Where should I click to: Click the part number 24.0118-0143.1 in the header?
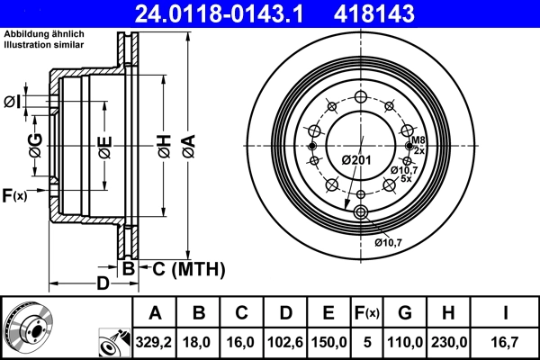[209, 13]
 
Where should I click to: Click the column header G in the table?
[405, 313]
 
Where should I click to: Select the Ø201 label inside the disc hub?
[357, 159]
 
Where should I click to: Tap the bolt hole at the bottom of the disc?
[362, 212]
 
